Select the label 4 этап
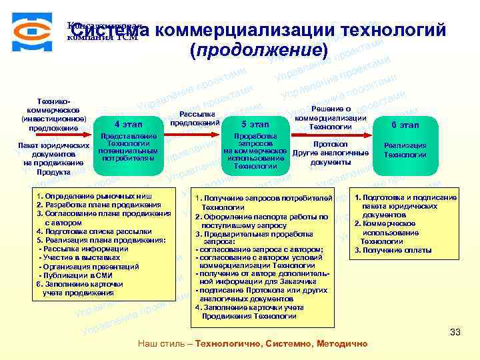pos(128,125)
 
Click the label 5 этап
pos(254,125)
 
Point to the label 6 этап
pos(405,125)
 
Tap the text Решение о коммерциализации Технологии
pos(331,117)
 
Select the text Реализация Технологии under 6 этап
pos(405,150)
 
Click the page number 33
pos(455,331)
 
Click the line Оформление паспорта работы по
pos(261,217)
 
